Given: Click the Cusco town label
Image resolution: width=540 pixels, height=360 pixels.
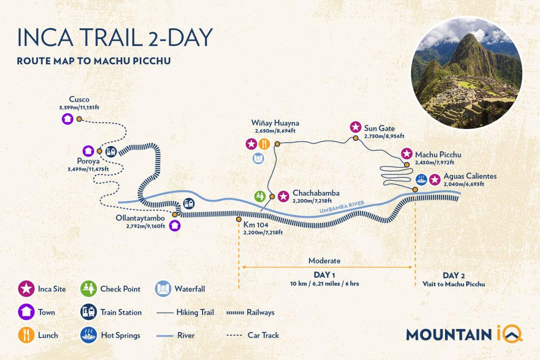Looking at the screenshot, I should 79,99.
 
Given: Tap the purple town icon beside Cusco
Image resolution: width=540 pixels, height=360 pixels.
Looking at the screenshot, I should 67,119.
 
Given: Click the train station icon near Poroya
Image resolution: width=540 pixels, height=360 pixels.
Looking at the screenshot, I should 111,151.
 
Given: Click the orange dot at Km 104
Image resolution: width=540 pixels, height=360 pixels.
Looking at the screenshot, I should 239,219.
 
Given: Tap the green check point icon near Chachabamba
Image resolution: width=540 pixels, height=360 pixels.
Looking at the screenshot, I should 259,197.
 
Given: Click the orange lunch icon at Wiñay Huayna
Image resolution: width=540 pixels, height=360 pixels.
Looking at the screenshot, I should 265,143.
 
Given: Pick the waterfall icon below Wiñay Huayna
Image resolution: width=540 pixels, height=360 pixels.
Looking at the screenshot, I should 258,158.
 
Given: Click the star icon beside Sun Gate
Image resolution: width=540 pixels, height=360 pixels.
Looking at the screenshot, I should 355,127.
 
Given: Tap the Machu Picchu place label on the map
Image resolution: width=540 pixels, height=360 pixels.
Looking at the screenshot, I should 438,154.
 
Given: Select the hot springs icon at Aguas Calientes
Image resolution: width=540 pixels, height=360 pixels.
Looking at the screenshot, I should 421,179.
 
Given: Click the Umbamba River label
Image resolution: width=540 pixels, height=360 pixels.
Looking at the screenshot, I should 343,209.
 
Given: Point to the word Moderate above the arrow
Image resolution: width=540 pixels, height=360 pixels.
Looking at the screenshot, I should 324,261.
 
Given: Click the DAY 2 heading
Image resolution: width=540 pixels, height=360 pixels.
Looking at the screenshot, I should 454,276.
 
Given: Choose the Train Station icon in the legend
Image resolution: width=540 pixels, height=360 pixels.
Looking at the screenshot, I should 88,312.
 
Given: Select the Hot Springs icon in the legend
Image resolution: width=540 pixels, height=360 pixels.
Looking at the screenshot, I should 88,335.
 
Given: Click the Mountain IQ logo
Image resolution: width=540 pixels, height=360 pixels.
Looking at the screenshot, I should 464,333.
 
